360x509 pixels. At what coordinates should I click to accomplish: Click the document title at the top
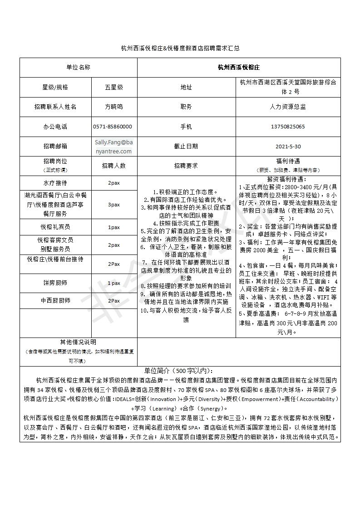tap(180, 48)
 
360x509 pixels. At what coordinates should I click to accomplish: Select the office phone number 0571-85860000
tap(113, 127)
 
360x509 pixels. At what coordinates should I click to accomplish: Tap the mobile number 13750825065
tap(288, 127)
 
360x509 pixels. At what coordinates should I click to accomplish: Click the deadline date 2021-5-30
tap(288, 147)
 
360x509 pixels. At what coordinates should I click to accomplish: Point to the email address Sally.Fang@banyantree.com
tap(113, 147)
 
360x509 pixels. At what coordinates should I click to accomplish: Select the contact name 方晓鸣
tap(113, 107)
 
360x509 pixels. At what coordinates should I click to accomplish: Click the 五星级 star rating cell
tap(113, 87)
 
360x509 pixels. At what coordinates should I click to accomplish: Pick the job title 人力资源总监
tap(288, 107)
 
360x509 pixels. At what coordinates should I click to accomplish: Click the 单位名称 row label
tap(78, 67)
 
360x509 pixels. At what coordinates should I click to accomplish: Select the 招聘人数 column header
tap(113, 166)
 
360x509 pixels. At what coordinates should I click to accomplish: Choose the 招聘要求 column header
tap(186, 166)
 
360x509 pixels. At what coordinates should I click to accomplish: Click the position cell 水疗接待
tap(55, 183)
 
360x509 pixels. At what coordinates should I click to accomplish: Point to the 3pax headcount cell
tap(113, 205)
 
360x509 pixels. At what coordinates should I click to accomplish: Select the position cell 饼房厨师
tap(55, 283)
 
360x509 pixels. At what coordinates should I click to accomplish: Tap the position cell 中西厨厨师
tap(55, 300)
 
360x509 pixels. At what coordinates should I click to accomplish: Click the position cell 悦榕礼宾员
tap(55, 227)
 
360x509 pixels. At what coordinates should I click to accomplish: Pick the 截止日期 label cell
tap(186, 147)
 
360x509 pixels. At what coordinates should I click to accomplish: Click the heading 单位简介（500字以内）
tap(180, 370)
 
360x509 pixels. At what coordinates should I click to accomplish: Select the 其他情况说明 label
tap(78, 343)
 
